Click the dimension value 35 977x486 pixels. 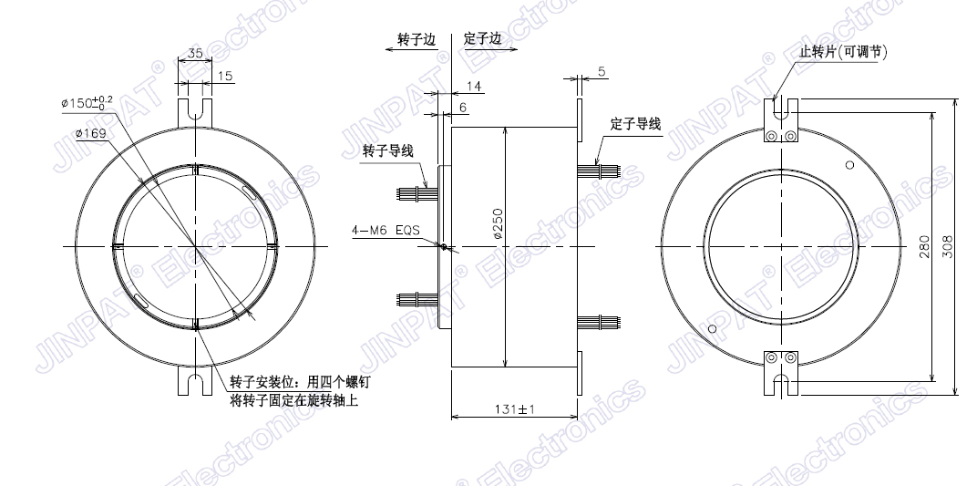tap(195, 54)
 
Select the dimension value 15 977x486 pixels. tap(225, 76)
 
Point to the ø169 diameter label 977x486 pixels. tap(90, 133)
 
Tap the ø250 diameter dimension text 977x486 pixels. tap(498, 224)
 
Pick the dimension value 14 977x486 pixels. tap(474, 87)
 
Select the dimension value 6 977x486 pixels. tap(463, 108)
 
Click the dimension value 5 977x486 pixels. tap(602, 72)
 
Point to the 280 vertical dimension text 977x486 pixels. tap(924, 246)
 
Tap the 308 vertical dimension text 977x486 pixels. tap(947, 247)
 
